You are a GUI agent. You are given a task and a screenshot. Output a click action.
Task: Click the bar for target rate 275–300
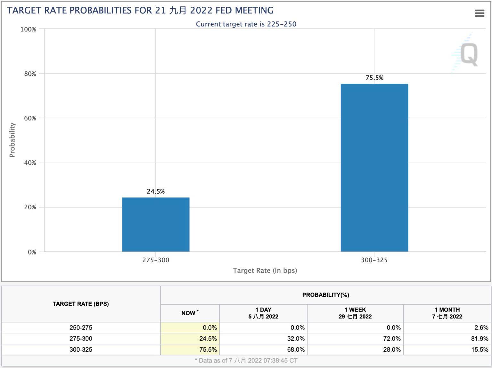point(156,224)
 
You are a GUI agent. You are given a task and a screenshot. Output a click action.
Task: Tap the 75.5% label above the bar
point(374,78)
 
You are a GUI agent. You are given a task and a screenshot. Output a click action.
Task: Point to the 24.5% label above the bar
point(156,191)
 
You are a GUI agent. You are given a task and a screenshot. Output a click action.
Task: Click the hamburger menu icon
point(479,13)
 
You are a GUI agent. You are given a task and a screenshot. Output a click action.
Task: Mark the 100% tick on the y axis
point(29,29)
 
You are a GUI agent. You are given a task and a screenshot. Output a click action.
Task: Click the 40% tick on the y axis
point(30,163)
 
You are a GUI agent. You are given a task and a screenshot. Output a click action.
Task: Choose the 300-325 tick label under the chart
point(374,260)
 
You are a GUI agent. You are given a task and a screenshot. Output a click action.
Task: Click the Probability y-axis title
point(12,140)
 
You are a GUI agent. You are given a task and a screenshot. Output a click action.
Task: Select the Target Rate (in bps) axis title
point(265,271)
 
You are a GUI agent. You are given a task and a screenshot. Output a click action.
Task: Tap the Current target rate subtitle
point(246,24)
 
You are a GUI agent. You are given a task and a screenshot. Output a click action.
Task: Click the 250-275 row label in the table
point(81,328)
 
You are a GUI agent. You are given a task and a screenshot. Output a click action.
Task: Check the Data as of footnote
point(246,361)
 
